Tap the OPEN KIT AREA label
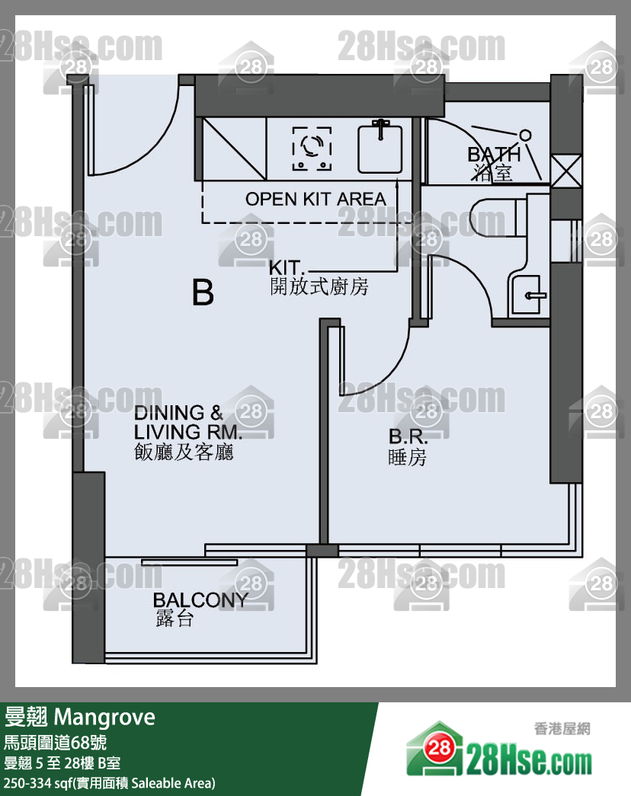click(315, 199)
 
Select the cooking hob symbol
click(312, 149)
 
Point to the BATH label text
click(494, 154)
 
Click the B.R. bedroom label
click(408, 436)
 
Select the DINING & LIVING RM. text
click(187, 422)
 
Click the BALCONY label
click(200, 600)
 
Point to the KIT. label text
click(286, 267)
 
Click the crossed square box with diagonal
click(235, 149)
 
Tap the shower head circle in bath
click(525, 136)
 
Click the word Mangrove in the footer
click(104, 718)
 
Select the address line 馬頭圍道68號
click(55, 743)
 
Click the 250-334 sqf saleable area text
click(109, 783)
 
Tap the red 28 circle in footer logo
click(440, 748)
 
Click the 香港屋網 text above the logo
click(562, 728)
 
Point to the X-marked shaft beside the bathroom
click(566, 171)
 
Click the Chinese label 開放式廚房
click(319, 287)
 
